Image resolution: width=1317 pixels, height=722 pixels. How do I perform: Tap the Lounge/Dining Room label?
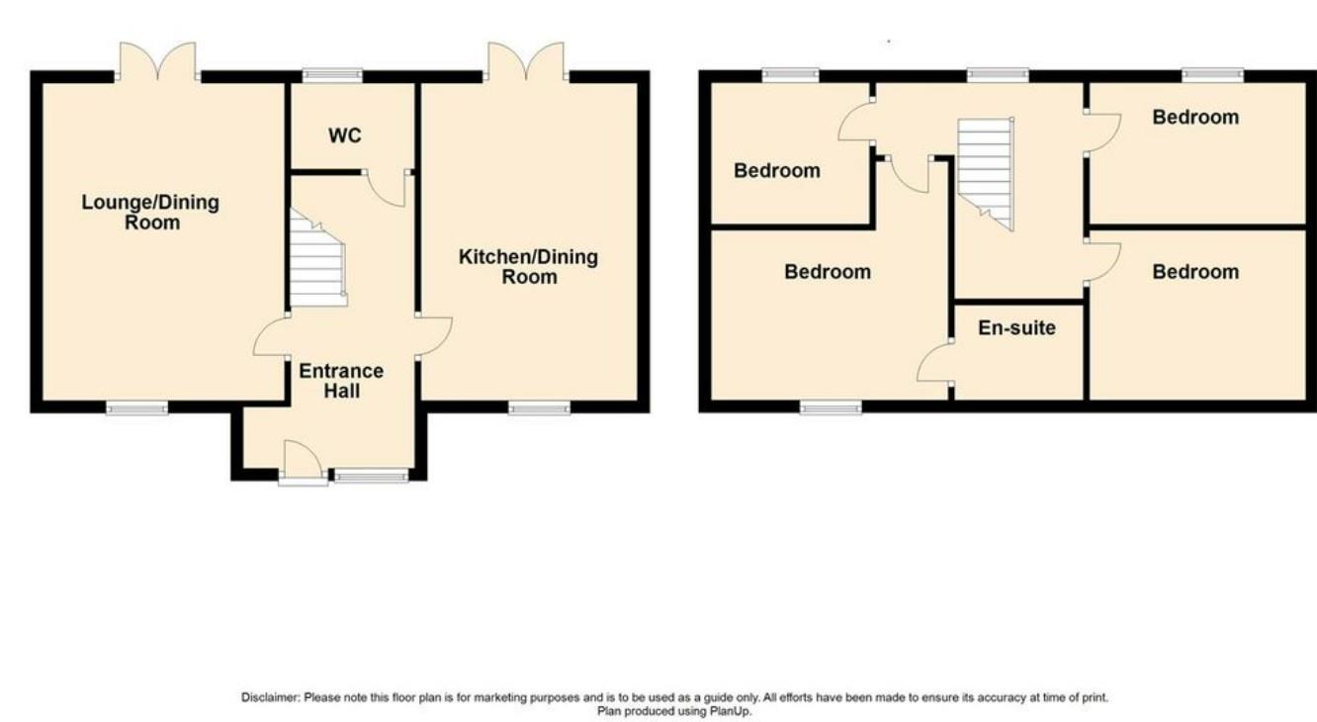tap(150, 213)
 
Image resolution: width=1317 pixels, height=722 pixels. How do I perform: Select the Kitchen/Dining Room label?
tap(528, 267)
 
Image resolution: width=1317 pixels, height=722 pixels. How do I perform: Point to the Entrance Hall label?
tap(341, 381)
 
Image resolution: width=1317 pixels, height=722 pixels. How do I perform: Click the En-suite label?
tap(1016, 327)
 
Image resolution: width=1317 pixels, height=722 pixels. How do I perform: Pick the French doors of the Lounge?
tap(157, 61)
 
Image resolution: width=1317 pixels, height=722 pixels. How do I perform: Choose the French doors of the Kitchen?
tap(525, 61)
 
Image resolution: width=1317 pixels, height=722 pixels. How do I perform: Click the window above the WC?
tap(332, 74)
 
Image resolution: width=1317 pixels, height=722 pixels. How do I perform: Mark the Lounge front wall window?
tap(136, 406)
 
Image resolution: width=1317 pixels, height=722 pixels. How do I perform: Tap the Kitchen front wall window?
tap(540, 406)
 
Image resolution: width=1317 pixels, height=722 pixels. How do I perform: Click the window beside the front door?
tap(371, 477)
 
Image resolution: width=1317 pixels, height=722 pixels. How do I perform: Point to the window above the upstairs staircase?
tap(998, 74)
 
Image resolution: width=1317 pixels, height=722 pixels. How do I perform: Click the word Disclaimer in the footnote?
tap(270, 697)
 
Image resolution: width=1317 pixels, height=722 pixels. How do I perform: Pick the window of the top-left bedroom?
tap(790, 74)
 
